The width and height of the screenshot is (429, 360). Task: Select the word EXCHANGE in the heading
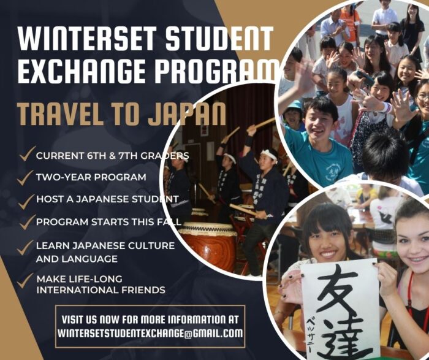click(x=82, y=71)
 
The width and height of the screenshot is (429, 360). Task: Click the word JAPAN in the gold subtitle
click(x=187, y=113)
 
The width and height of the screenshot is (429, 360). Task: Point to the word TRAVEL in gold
click(x=60, y=113)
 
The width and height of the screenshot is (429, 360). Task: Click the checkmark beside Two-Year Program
click(x=25, y=177)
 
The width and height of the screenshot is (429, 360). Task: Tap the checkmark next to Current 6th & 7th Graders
click(x=28, y=153)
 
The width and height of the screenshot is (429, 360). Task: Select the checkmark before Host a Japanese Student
click(x=26, y=201)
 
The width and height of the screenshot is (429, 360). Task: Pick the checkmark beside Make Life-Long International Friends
click(x=25, y=280)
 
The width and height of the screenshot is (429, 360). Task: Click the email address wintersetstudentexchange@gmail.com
click(x=150, y=333)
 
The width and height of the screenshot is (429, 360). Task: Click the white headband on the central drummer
click(x=269, y=155)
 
